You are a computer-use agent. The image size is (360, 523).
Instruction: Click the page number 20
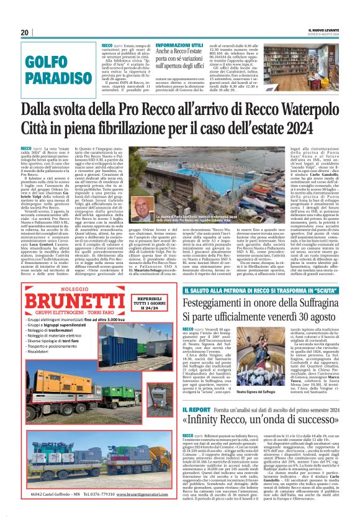point(25,32)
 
